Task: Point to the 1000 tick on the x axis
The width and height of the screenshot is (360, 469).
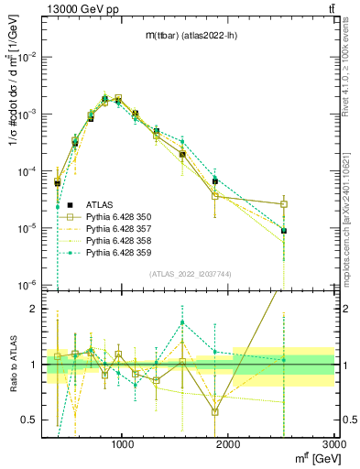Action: [x=123, y=445]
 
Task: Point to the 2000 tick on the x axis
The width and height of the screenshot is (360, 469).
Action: [x=228, y=445]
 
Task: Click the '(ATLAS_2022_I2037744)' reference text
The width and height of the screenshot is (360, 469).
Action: [x=189, y=274]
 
